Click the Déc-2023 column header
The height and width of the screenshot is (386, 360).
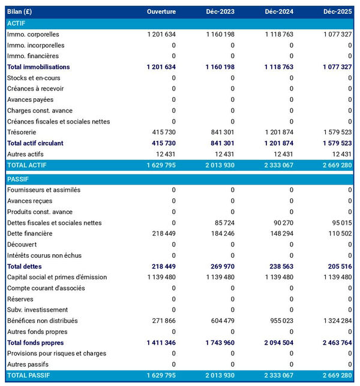coord(220,12)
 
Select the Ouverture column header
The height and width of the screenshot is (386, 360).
coord(161,12)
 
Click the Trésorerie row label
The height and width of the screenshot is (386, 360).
coord(22,132)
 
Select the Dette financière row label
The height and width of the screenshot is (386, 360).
coord(30,233)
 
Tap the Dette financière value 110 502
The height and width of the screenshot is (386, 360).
coord(339,233)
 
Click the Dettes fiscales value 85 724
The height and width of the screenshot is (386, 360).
coord(221,222)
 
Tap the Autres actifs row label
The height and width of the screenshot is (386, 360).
coord(25,154)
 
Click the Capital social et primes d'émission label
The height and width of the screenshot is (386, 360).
coord(56,277)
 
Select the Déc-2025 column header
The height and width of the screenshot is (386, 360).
coord(337,12)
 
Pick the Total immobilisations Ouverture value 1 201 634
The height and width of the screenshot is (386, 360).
coord(161,67)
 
